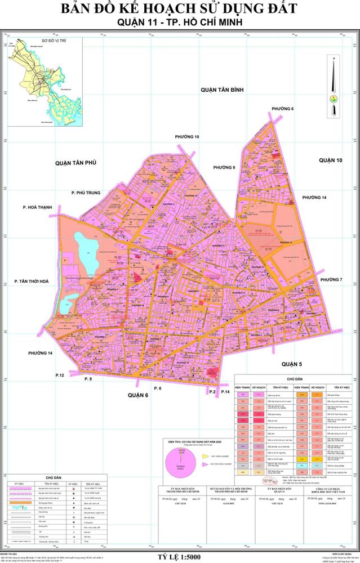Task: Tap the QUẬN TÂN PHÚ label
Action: pyautogui.click(x=77, y=163)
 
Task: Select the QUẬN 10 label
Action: pyautogui.click(x=330, y=160)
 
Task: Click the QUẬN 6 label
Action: pyautogui.click(x=137, y=395)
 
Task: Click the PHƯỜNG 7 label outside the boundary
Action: pyautogui.click(x=331, y=280)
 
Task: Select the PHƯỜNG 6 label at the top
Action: pyautogui.click(x=283, y=108)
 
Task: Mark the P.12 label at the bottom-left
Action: pyautogui.click(x=60, y=375)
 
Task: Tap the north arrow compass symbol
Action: pyautogui.click(x=334, y=84)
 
